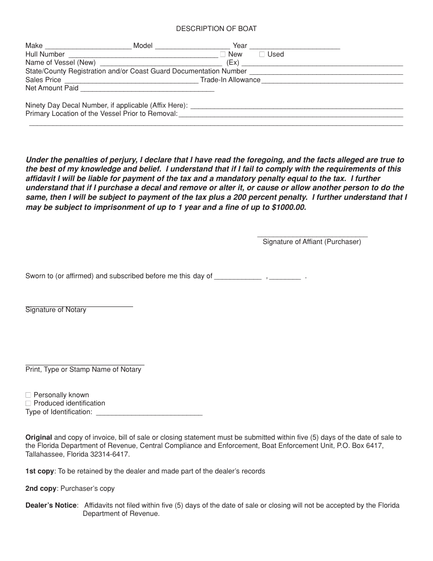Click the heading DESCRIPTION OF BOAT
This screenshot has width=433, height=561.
[x=216, y=29]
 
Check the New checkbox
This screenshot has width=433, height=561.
[x=223, y=54]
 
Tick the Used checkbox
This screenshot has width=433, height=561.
[x=262, y=54]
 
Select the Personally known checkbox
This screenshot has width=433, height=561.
[x=28, y=395]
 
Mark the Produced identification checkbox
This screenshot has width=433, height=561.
[x=28, y=403]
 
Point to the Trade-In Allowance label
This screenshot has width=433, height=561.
[x=230, y=80]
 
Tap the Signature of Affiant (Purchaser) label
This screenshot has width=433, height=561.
[x=312, y=242]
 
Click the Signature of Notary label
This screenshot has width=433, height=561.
[x=56, y=310]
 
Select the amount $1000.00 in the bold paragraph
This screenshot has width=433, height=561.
[x=289, y=207]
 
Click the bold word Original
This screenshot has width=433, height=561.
[x=39, y=437]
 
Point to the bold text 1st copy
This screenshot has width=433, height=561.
[x=40, y=471]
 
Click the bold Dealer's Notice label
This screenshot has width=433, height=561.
[x=51, y=505]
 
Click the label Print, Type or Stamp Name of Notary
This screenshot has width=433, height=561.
[x=83, y=369]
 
